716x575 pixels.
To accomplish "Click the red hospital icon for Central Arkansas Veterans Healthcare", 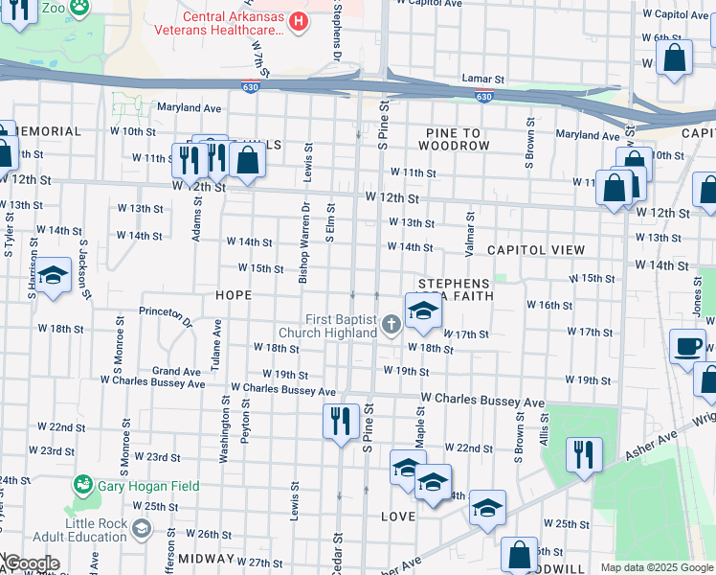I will tap(299, 20).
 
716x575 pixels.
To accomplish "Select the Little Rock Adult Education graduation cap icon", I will tap(142, 529).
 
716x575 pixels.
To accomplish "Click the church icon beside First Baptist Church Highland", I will tap(391, 326).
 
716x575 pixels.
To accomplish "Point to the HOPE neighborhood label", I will tap(234, 296).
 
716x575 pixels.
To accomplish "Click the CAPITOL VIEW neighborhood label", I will tap(535, 249).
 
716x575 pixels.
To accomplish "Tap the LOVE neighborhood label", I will tap(398, 517).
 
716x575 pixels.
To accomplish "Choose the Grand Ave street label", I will tap(176, 371).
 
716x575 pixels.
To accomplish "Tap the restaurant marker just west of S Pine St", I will tap(340, 421).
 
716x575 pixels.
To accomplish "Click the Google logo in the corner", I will tap(32, 563).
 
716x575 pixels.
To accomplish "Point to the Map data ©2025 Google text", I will tap(656, 567).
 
